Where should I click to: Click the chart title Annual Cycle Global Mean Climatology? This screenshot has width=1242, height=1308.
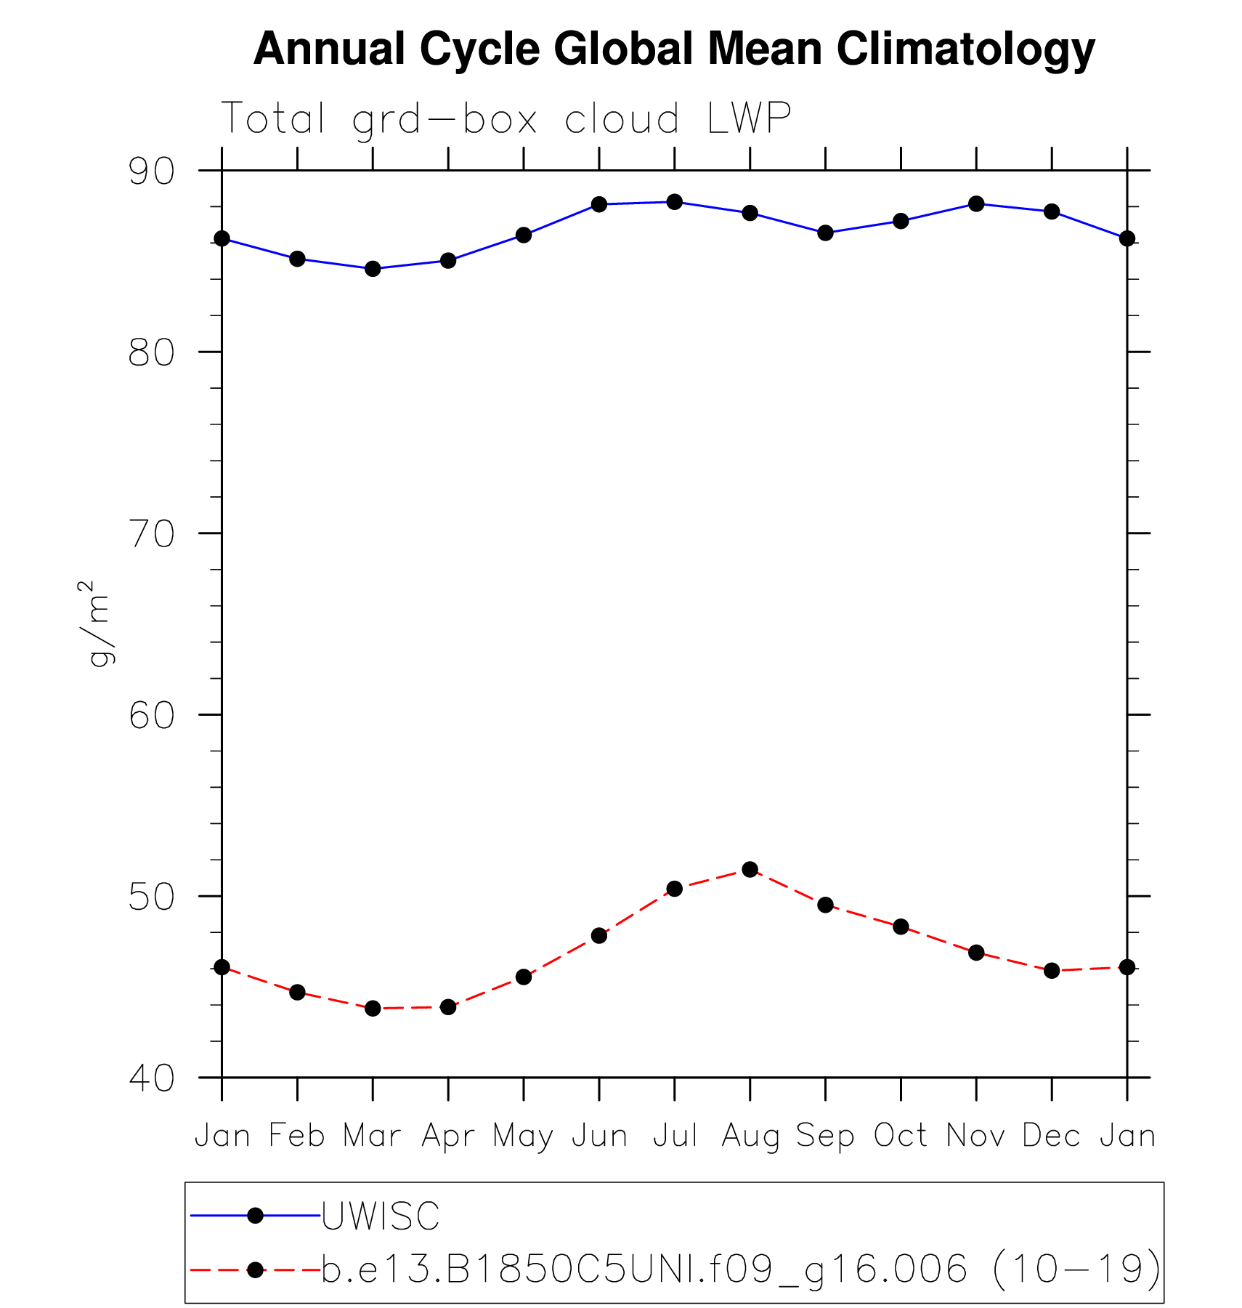click(673, 49)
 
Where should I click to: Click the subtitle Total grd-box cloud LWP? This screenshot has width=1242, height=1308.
click(506, 119)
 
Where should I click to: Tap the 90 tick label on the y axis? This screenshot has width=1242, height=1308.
click(152, 171)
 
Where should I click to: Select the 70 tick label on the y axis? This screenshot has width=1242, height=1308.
click(152, 534)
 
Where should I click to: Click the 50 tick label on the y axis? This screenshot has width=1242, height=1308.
click(152, 897)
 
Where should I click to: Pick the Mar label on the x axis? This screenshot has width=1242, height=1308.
click(372, 1136)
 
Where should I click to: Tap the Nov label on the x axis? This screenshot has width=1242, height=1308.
click(975, 1136)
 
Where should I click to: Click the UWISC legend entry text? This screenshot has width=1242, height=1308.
click(381, 1216)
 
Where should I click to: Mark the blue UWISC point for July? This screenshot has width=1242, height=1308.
click(675, 202)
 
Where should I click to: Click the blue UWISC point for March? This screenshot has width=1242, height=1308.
click(373, 269)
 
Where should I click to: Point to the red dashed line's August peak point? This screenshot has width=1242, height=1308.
click(750, 869)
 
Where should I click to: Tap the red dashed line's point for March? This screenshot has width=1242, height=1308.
click(373, 1009)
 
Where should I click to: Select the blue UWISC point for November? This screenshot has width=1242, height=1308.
click(976, 203)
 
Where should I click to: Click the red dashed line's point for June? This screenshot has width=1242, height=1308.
click(599, 935)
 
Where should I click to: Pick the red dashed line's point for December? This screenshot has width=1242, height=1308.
click(1052, 971)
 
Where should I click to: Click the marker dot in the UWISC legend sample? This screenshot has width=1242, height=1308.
click(255, 1216)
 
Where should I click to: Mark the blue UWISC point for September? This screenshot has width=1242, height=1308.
click(825, 233)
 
